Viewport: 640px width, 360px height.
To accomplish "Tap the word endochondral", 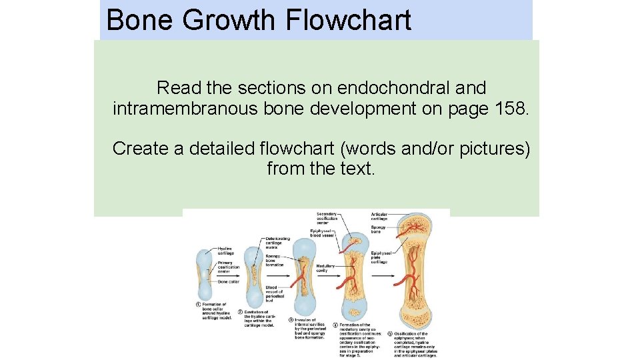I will coord(412,87).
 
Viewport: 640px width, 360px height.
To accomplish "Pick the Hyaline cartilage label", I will coord(226,251).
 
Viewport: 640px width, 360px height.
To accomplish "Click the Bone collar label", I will coord(227,282).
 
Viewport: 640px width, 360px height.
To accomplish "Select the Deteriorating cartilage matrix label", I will coord(277,243).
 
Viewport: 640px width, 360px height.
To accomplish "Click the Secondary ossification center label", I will coord(327,219).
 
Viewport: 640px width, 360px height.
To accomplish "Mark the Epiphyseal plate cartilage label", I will coord(381,257).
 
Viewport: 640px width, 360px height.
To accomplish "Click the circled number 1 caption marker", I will coord(199,305).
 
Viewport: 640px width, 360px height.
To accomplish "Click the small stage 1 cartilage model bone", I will coord(204,275).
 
